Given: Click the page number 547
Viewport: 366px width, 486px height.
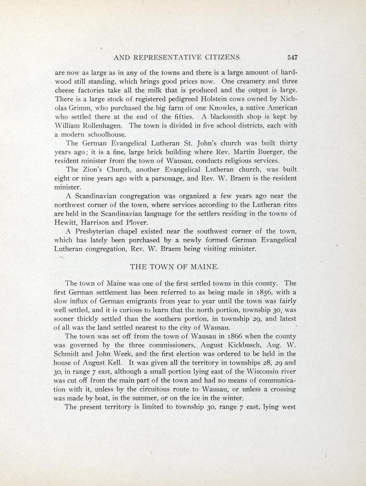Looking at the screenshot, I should click(292, 57).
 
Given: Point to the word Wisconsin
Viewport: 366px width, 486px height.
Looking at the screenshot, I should click(273, 372).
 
